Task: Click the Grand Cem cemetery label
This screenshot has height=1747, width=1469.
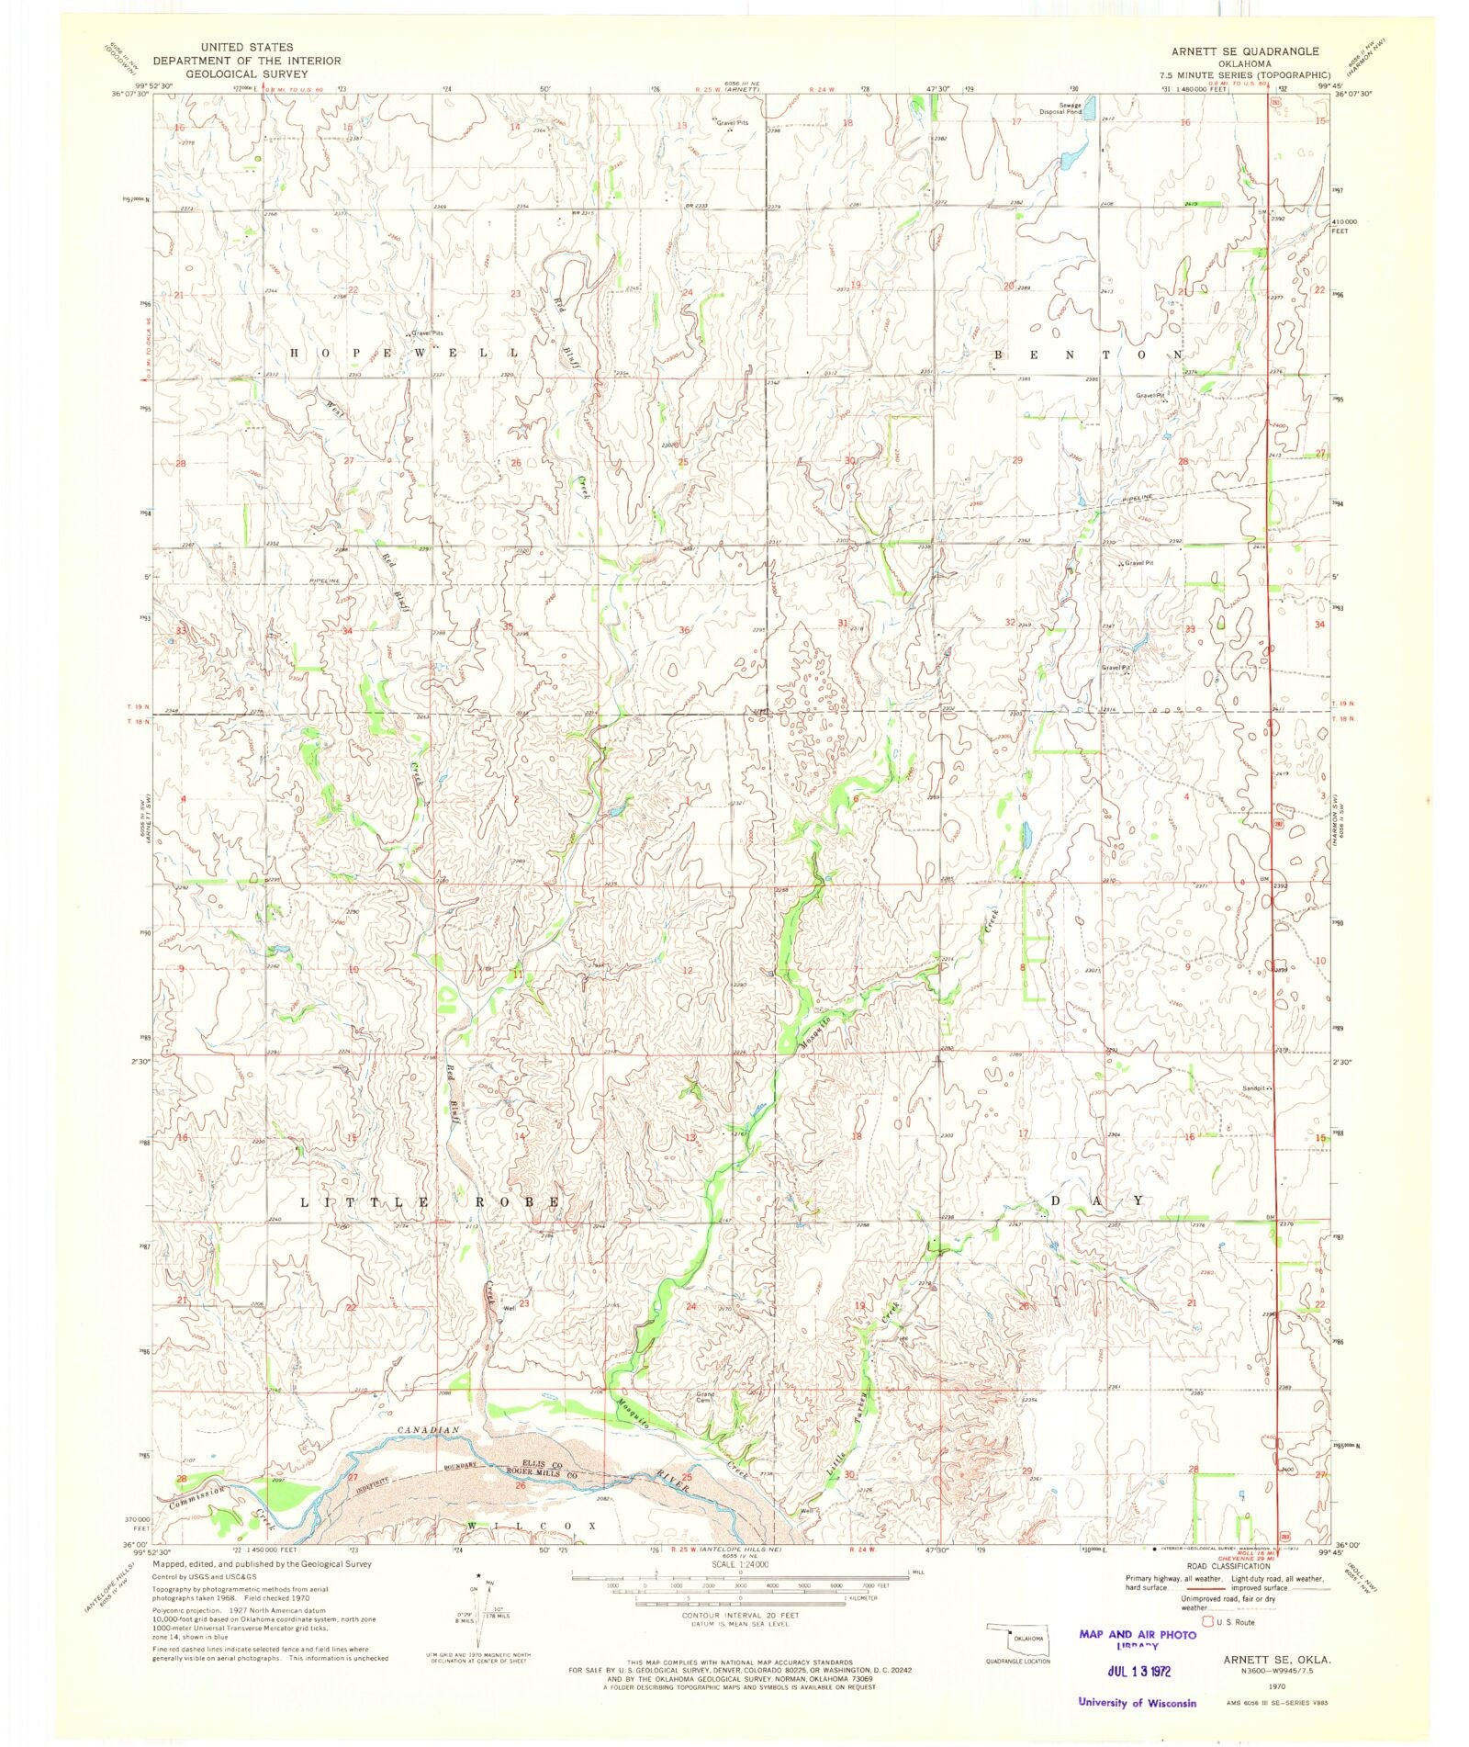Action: click(705, 1397)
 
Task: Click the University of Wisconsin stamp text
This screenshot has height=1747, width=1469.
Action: click(1138, 1702)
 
